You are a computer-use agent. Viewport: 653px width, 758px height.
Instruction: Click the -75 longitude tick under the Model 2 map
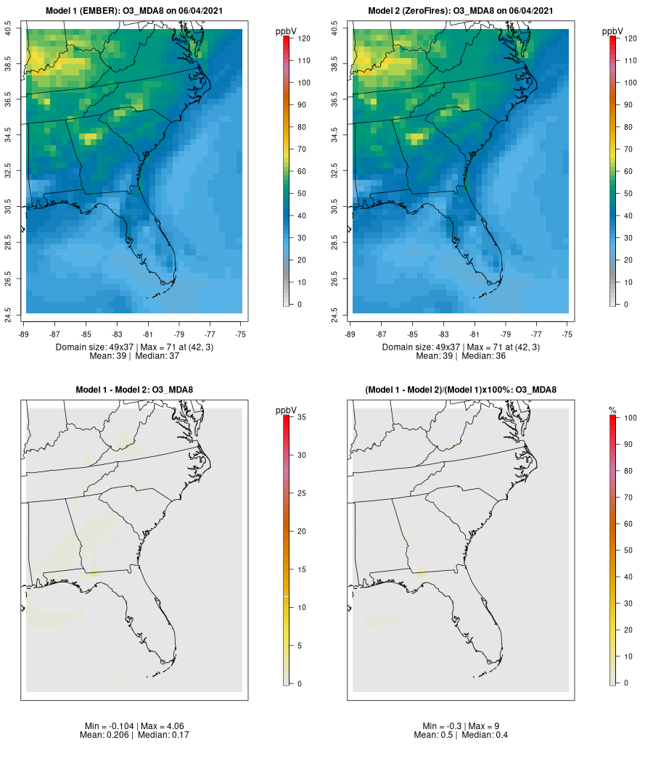(567, 334)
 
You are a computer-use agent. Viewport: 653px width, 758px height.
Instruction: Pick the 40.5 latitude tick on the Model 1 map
(9, 30)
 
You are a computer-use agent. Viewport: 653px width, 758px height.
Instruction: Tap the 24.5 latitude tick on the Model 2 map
(334, 313)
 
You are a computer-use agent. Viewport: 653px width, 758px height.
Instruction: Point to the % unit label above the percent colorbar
(613, 411)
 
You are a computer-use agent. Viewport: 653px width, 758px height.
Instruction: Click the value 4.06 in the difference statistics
(162, 726)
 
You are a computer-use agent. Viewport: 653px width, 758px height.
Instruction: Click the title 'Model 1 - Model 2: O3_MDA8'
(134, 390)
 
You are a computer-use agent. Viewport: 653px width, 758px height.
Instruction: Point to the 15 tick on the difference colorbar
(300, 569)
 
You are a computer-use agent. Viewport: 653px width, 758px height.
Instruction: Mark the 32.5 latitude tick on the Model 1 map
(9, 171)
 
